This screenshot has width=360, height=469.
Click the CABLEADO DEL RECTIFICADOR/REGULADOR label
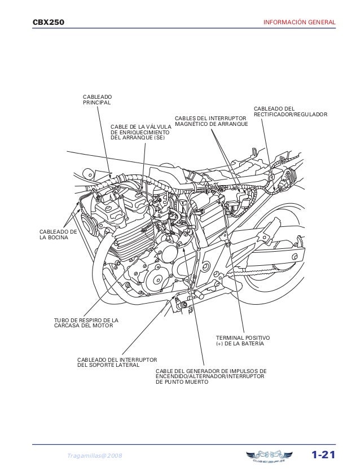coord(290,111)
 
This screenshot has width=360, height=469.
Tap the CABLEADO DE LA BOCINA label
coord(57,235)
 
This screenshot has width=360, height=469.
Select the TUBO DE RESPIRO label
coord(82,323)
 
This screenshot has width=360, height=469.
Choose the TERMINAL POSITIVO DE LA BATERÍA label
coord(243,340)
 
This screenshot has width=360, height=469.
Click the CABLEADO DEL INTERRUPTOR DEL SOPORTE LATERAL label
coord(117,362)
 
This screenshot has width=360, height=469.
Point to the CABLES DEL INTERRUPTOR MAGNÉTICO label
coord(210,121)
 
